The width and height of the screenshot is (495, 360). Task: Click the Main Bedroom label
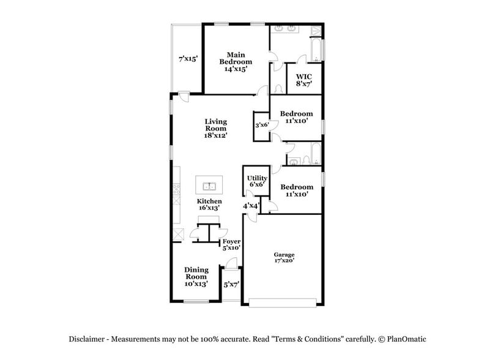[236, 58]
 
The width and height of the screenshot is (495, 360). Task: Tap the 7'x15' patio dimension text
[187, 59]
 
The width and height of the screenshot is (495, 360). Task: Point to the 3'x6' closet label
[262, 126]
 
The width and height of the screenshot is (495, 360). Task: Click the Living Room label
[215, 125]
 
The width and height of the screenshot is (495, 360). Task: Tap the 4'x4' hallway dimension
[251, 206]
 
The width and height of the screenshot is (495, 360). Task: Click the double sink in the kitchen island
[209, 186]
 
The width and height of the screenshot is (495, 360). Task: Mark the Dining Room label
[196, 273]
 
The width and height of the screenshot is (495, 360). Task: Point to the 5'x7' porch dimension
[231, 285]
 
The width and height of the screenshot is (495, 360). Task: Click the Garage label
[284, 255]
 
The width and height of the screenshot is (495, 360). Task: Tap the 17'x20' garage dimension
[284, 261]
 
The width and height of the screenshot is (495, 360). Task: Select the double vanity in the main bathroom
[286, 29]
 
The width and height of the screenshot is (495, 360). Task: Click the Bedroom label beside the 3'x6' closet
[296, 114]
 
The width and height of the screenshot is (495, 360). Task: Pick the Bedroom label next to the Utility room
[296, 187]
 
